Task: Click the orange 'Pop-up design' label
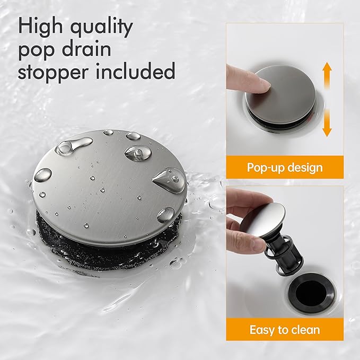pyautogui.click(x=285, y=168)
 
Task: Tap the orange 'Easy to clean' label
pyautogui.click(x=285, y=330)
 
